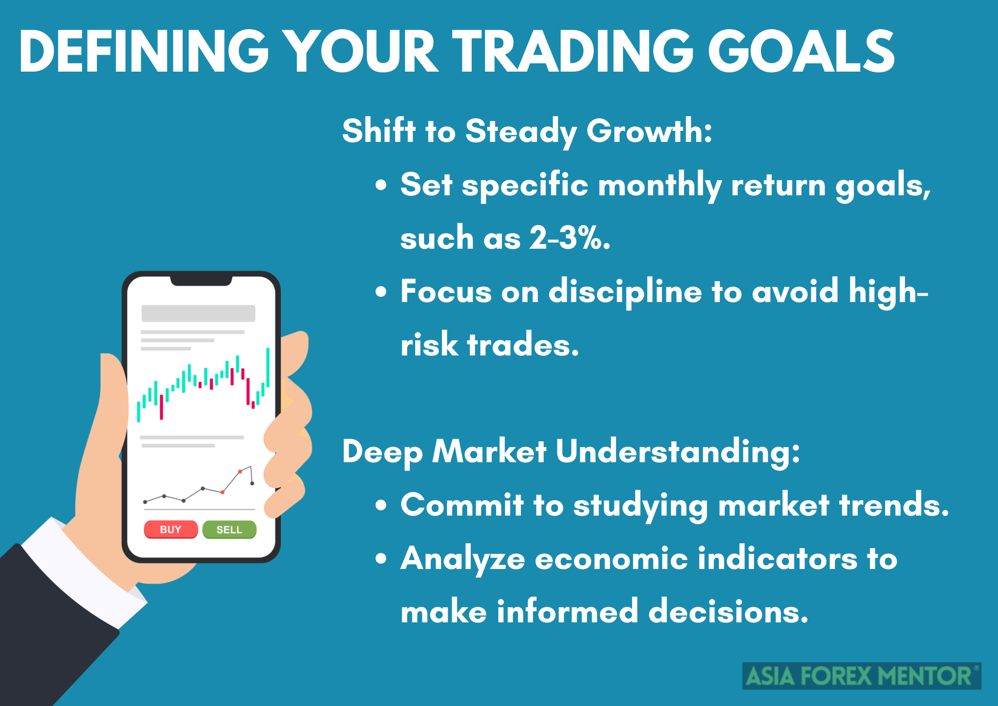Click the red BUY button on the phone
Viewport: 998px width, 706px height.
(171, 529)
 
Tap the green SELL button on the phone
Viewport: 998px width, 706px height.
(229, 529)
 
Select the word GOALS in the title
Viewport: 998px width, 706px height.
(802, 51)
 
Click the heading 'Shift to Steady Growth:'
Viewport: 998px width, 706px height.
(527, 131)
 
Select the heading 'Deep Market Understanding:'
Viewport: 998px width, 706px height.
(571, 452)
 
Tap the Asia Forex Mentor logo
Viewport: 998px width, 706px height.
(862, 676)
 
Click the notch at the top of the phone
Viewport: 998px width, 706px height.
(201, 281)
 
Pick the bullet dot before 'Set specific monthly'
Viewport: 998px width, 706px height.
(381, 185)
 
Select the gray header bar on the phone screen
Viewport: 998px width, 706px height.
(198, 313)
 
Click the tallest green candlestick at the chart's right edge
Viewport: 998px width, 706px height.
(268, 367)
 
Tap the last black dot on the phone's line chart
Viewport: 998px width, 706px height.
(252, 483)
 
